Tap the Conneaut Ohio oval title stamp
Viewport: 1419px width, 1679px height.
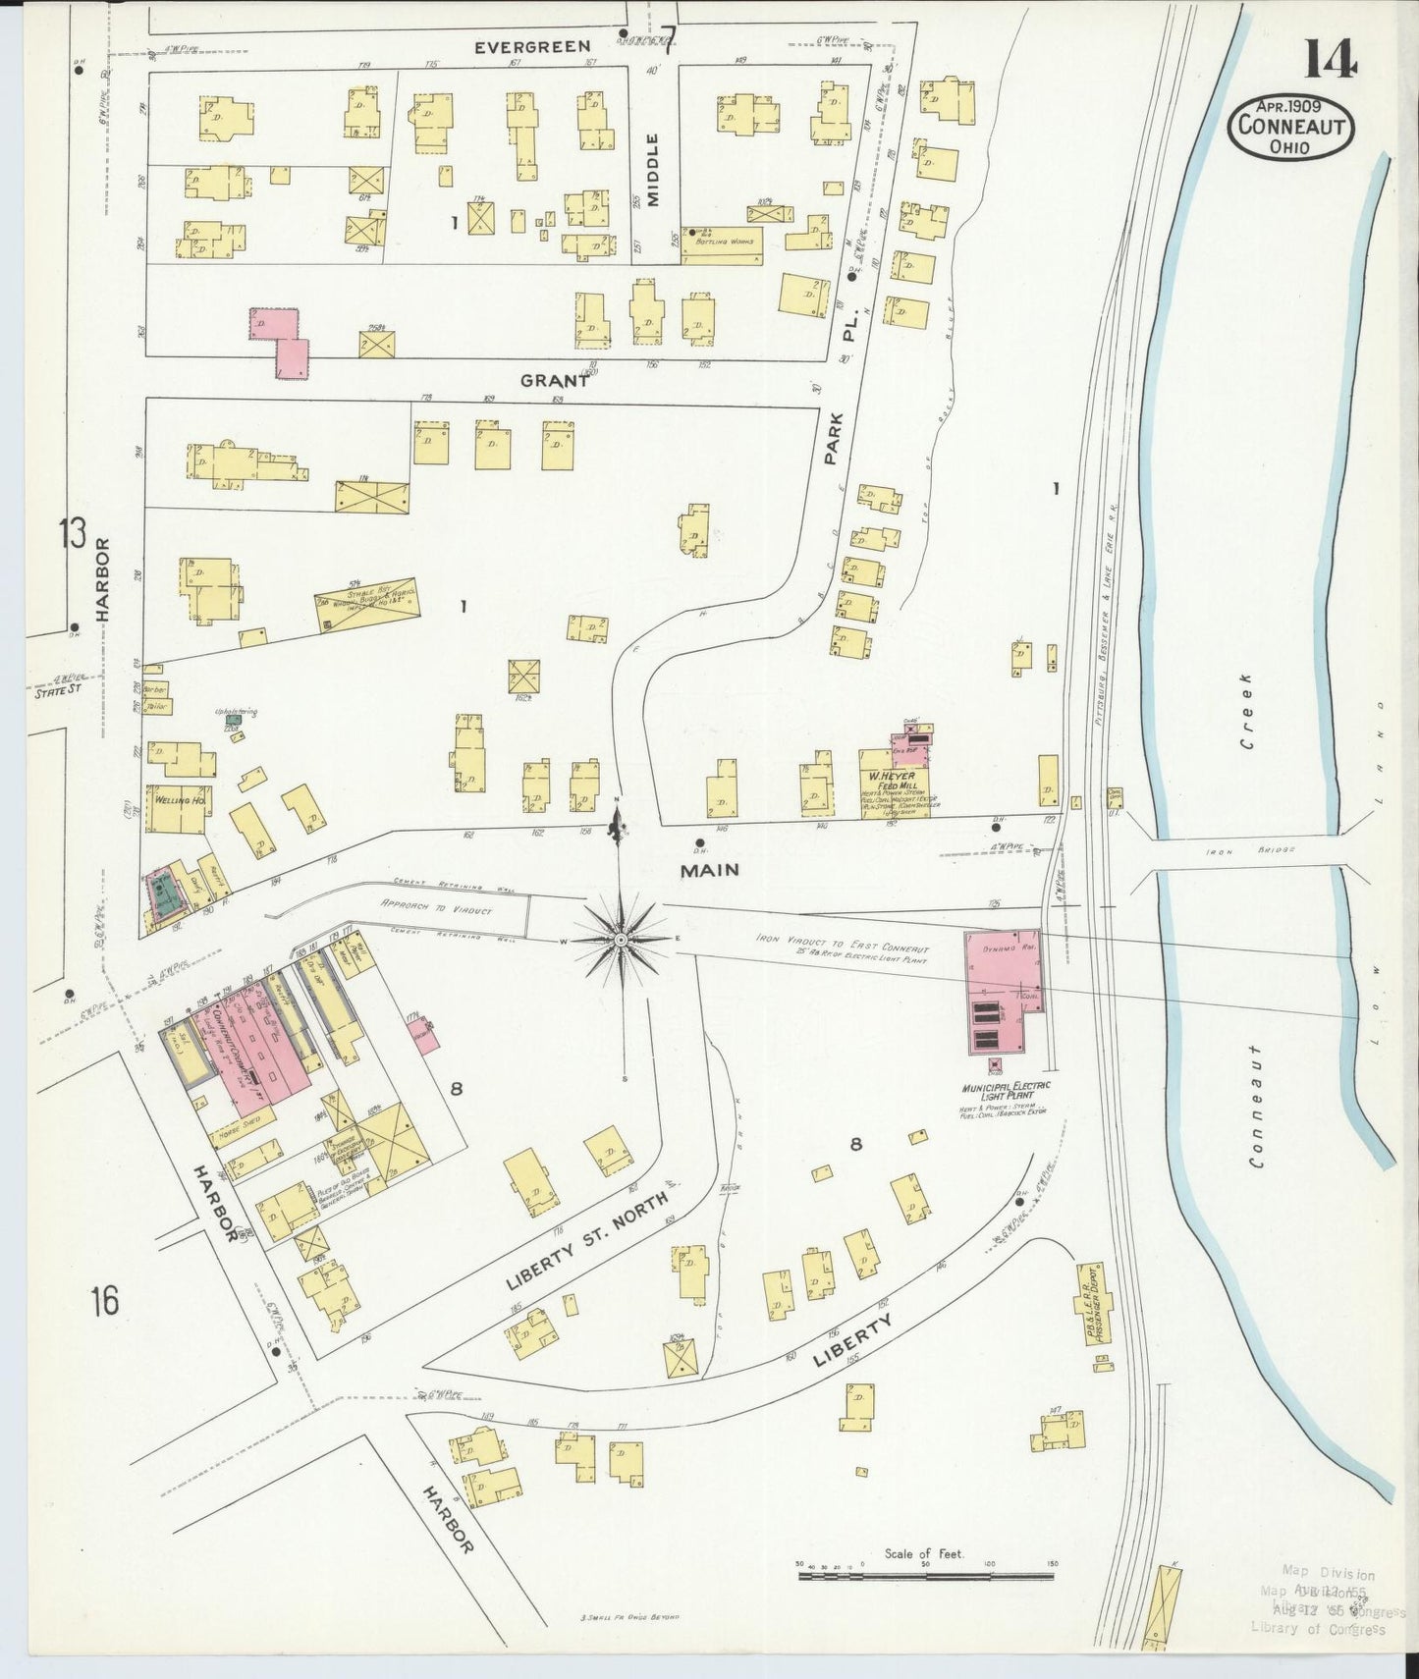pyautogui.click(x=1290, y=127)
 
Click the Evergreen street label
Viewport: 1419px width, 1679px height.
pyautogui.click(x=532, y=46)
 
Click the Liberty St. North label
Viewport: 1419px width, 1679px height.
pyautogui.click(x=587, y=1240)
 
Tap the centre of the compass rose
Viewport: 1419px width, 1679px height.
pyautogui.click(x=621, y=940)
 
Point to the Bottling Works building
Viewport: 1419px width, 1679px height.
pyautogui.click(x=721, y=246)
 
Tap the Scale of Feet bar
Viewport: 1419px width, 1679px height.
pyautogui.click(x=925, y=1576)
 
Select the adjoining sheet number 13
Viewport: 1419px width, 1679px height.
pyautogui.click(x=72, y=535)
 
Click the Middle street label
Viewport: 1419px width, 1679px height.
pyautogui.click(x=654, y=169)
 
